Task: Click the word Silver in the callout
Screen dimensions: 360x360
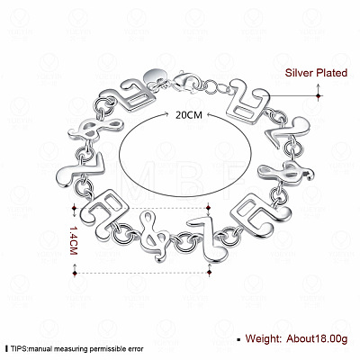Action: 298,73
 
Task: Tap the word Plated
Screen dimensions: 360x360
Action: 331,73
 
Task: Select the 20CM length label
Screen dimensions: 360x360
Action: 189,115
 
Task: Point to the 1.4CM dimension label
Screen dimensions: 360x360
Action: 74,240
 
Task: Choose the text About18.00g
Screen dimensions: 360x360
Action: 317,338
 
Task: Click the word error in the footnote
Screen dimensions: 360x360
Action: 136,349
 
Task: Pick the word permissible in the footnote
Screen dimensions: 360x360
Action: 107,349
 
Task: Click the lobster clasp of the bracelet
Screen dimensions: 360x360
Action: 185,81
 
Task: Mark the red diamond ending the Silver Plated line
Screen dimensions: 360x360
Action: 319,96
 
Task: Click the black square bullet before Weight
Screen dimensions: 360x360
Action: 238,339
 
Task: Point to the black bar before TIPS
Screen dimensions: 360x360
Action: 7,349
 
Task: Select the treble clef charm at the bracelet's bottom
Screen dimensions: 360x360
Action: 155,236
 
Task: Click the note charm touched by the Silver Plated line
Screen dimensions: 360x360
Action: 247,101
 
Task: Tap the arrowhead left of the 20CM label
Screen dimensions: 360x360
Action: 166,114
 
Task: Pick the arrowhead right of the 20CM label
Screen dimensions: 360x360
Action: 209,114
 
